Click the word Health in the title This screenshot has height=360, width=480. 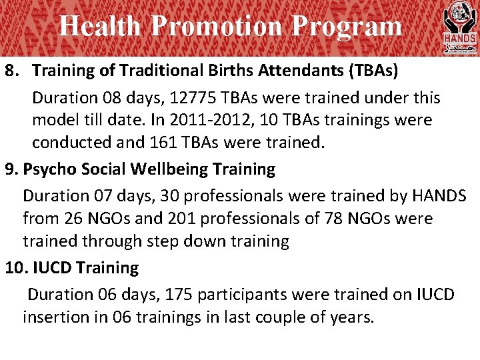point(100,27)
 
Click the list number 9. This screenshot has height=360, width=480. point(10,169)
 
